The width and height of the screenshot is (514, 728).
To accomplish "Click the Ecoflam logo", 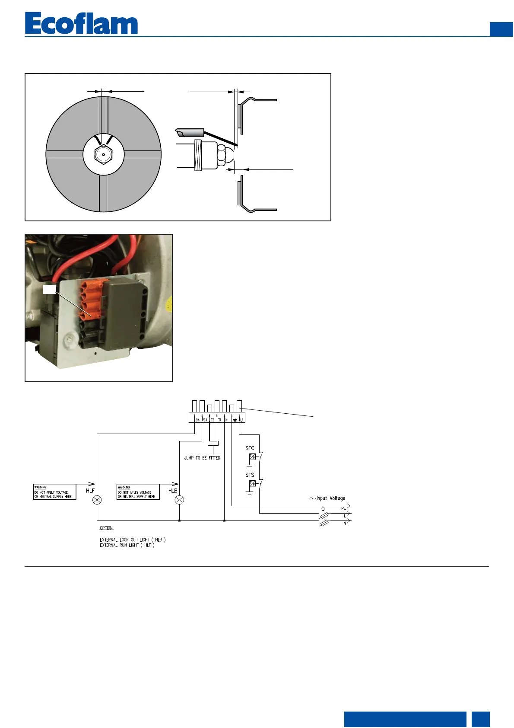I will (81, 24).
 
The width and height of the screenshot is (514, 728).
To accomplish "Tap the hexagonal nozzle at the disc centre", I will (103, 154).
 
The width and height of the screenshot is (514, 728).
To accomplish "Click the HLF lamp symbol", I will (97, 500).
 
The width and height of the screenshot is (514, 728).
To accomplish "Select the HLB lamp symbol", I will (179, 500).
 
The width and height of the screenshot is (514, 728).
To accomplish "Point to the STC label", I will (250, 448).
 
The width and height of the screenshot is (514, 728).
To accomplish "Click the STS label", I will (250, 475).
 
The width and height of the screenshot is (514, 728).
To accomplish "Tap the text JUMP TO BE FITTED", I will (202, 458).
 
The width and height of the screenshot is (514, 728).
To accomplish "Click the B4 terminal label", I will (197, 420).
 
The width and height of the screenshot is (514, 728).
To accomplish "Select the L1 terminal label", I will (241, 420).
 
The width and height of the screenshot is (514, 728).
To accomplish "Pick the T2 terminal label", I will (212, 420).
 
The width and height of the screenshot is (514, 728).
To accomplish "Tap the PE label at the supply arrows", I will (343, 508).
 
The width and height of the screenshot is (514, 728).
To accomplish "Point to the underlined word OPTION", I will (106, 528).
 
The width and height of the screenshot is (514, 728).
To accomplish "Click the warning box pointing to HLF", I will (55, 492).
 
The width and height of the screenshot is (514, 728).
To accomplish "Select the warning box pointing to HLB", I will (138, 492).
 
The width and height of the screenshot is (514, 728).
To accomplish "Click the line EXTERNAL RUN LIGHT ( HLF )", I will (127, 545).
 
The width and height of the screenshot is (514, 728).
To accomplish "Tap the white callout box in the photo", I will (50, 289).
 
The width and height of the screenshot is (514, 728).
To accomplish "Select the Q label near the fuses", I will (323, 509).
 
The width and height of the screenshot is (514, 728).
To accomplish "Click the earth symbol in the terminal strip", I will (235, 420).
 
